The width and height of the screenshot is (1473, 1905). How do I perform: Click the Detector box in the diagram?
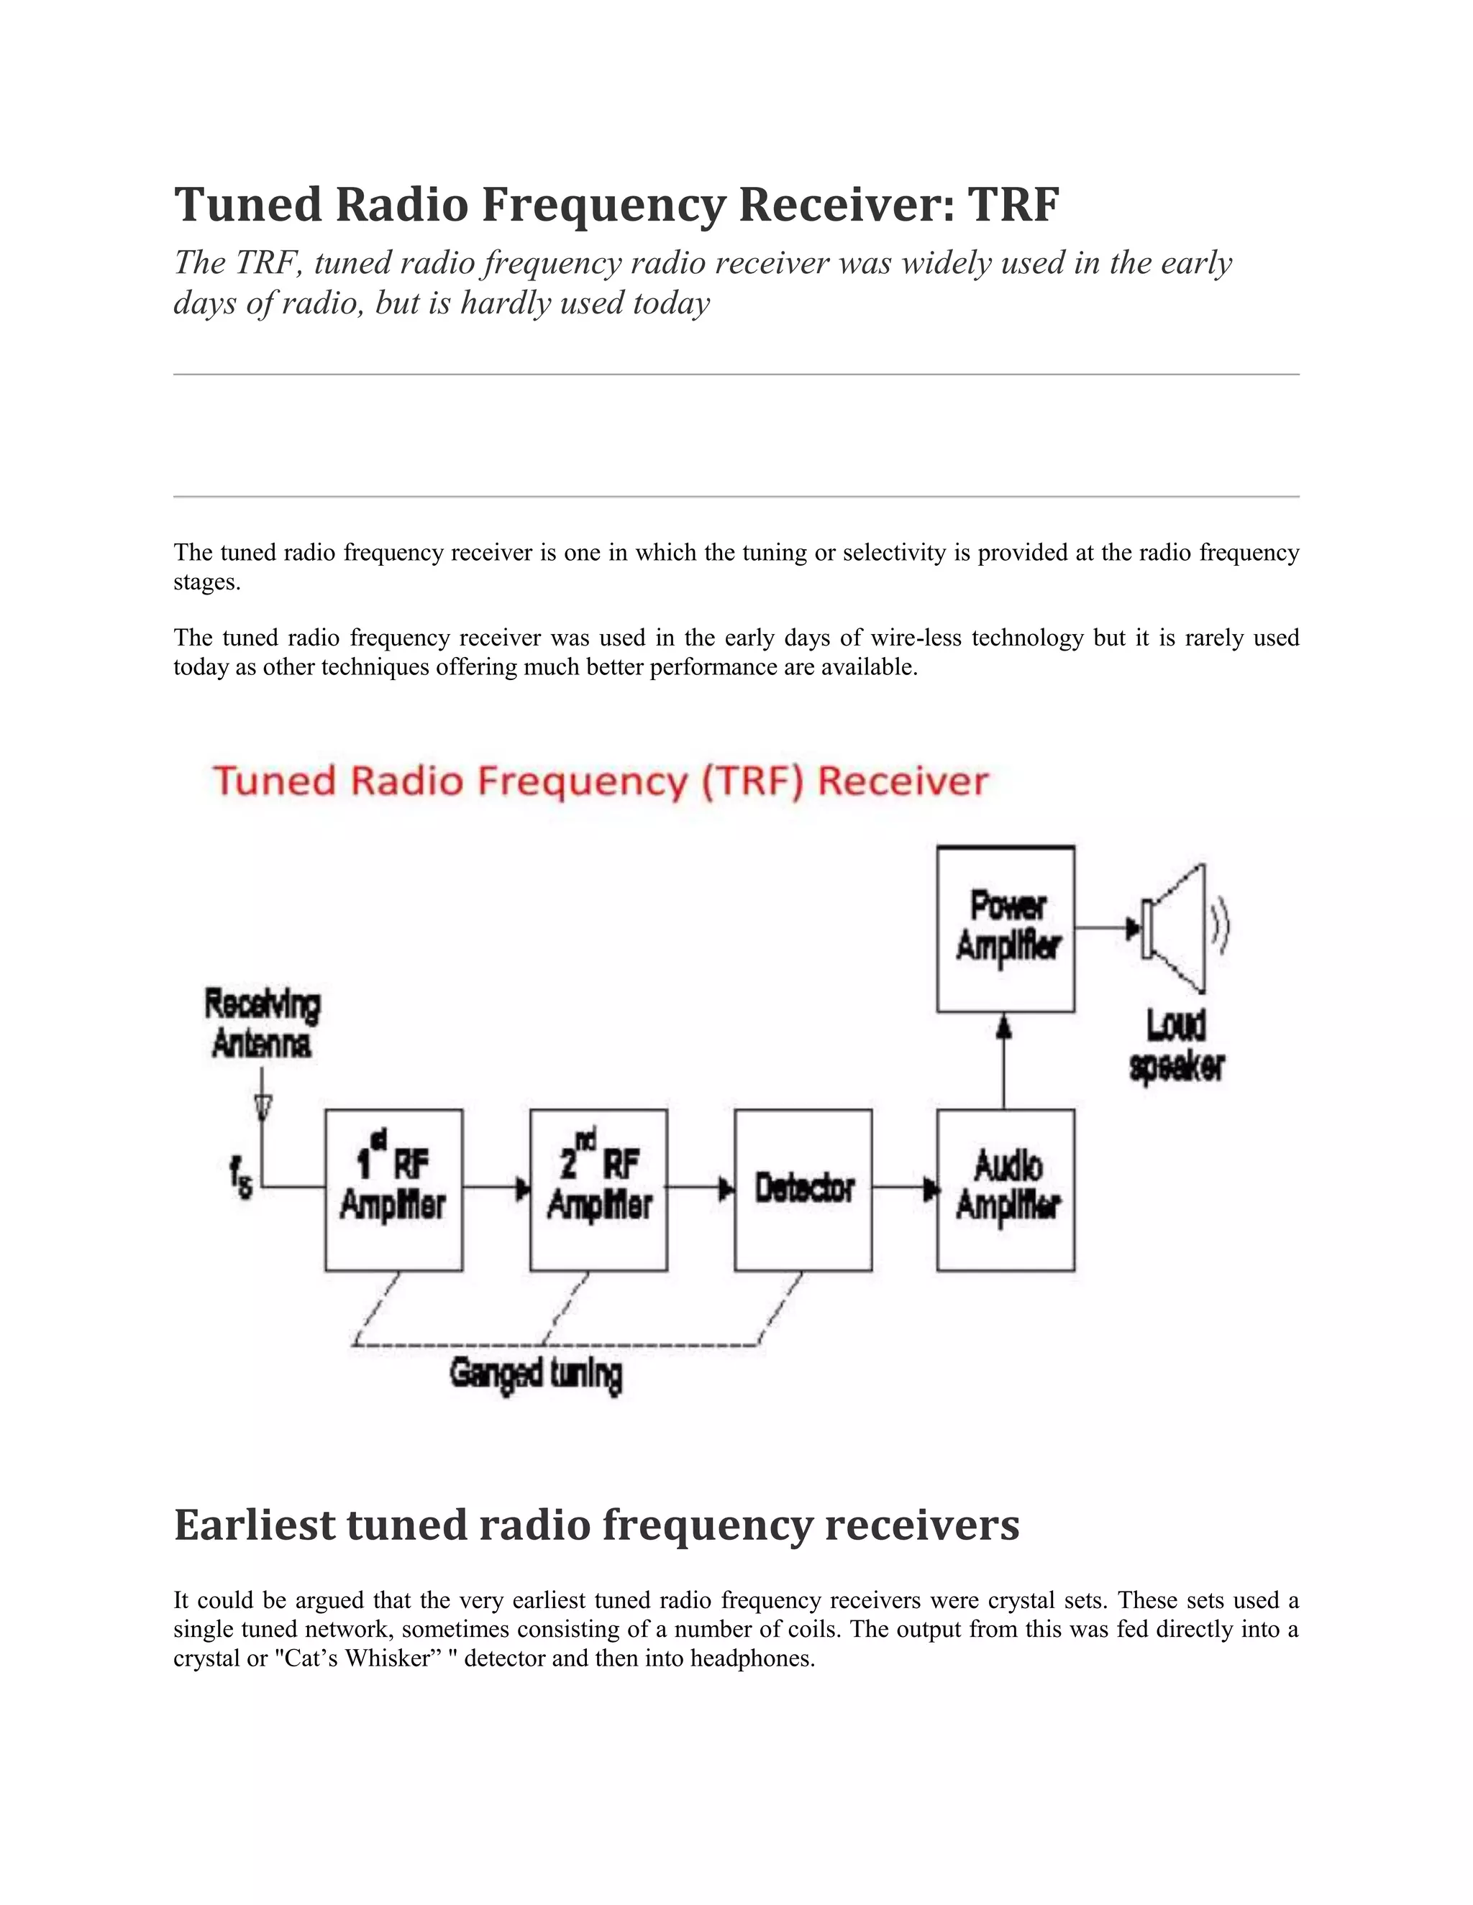[803, 1190]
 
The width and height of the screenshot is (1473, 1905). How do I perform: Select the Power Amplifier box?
[1005, 929]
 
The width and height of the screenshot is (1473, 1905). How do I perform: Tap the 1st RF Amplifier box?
[393, 1190]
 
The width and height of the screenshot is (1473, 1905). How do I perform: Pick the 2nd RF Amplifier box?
[598, 1190]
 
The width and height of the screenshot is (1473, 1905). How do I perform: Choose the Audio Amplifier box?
[1005, 1190]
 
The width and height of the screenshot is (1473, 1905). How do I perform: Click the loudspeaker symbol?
[1178, 929]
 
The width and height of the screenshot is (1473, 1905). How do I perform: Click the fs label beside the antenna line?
[241, 1177]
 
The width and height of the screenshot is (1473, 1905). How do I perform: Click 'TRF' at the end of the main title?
[1014, 205]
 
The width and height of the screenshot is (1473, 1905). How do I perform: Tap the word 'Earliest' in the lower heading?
[254, 1525]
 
